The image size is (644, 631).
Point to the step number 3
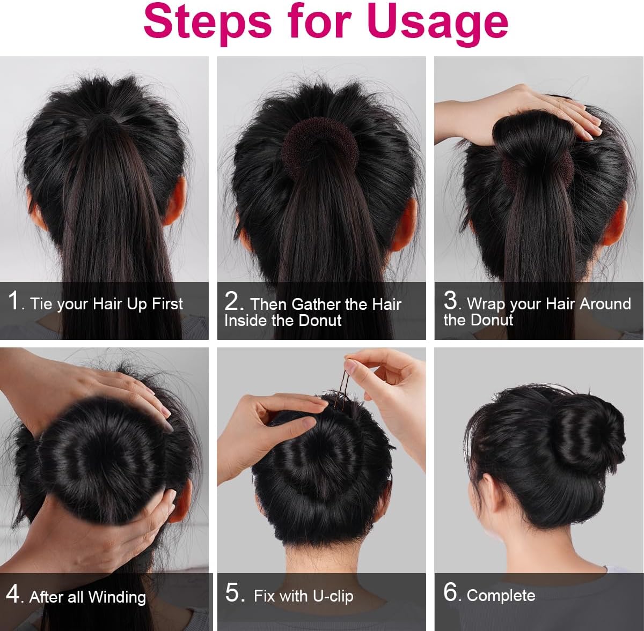point(451,300)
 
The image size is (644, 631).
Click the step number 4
point(13,594)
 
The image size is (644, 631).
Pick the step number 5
point(235,593)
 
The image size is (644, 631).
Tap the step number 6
point(451,592)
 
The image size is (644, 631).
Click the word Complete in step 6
point(501,595)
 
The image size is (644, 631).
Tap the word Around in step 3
point(605,304)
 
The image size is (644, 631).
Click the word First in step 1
point(167,304)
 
